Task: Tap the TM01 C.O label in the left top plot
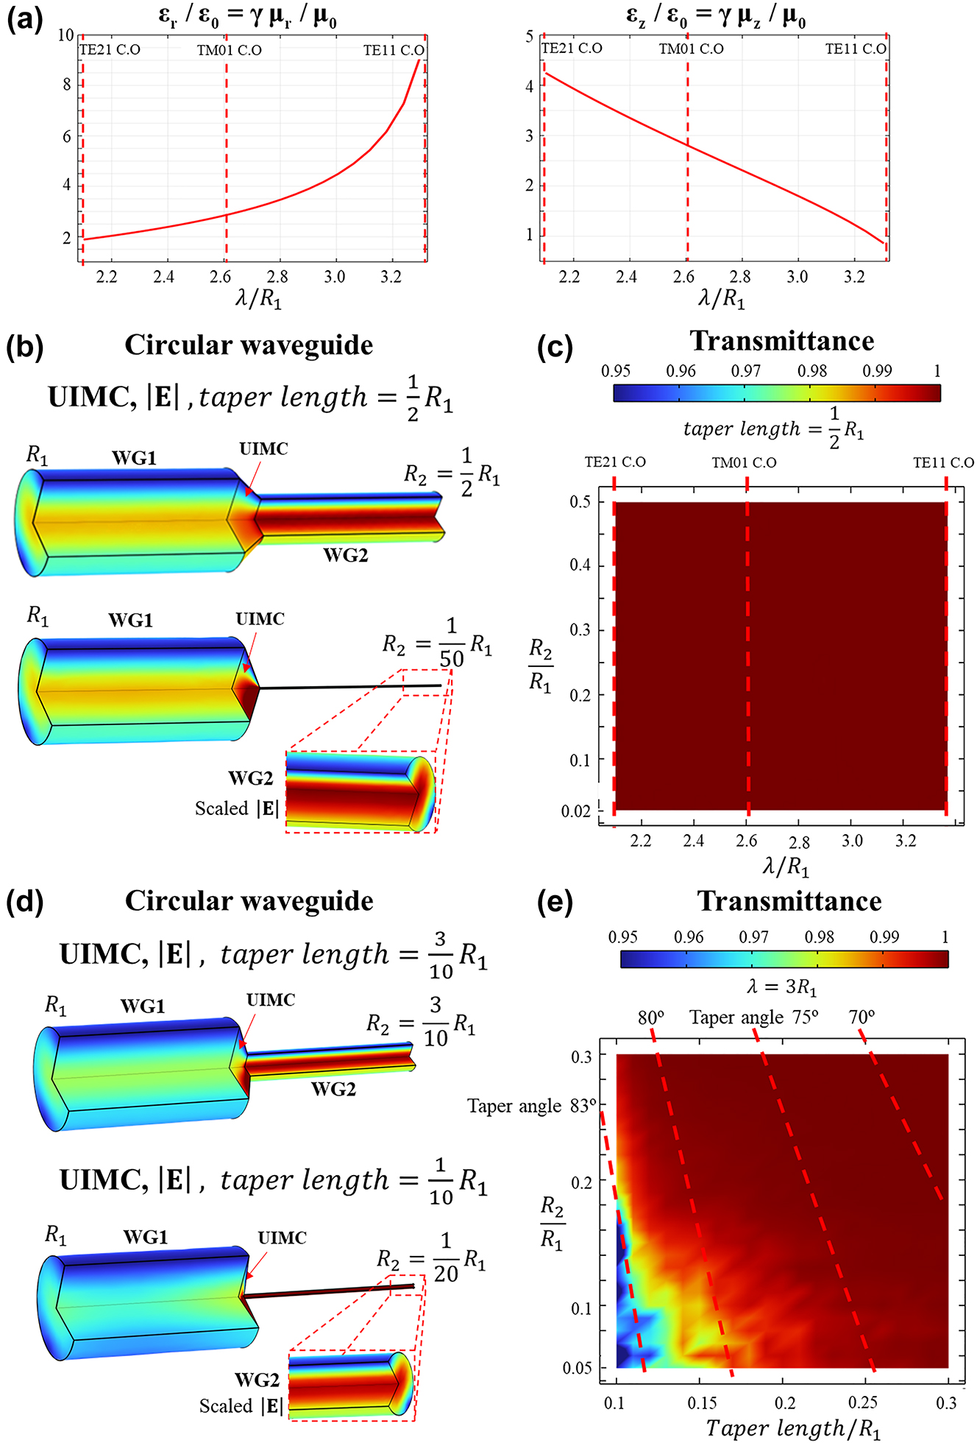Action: [230, 50]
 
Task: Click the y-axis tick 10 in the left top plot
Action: [66, 35]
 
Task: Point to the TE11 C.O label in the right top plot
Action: [856, 49]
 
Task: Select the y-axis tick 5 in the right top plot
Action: [530, 37]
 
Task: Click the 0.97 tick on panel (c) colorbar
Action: [745, 371]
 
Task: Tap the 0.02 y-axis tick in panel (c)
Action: [576, 811]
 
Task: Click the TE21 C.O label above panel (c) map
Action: [615, 462]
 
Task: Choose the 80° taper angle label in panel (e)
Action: [650, 1017]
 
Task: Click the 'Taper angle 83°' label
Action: [532, 1106]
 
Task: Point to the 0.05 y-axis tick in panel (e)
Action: [578, 1368]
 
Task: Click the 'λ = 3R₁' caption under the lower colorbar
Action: [782, 987]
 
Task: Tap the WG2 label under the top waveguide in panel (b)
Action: [345, 555]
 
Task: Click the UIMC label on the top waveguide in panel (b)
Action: [263, 449]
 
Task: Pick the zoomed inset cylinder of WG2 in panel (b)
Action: [360, 791]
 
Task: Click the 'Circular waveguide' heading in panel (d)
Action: [249, 901]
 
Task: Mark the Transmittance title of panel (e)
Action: [789, 901]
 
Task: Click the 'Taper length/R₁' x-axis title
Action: [793, 1428]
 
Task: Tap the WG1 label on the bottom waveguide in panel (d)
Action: [146, 1237]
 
